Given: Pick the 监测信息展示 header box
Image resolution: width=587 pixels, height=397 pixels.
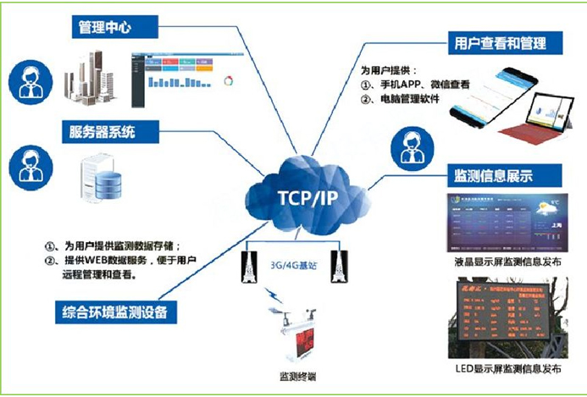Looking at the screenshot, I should coord(493,176).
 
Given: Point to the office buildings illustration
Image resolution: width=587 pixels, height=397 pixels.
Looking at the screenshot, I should coord(95,72).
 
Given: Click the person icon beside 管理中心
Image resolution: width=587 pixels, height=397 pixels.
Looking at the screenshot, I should coord(31,81).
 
